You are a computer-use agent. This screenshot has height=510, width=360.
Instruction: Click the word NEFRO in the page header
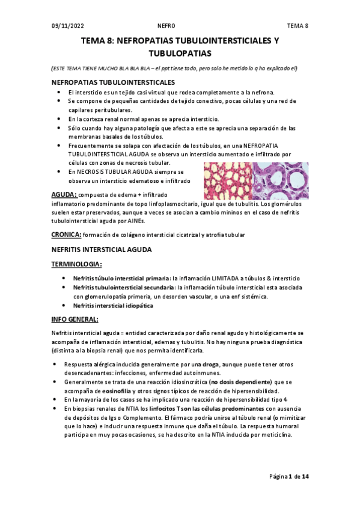click(166, 25)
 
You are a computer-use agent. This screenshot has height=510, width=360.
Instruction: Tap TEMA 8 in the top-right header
click(297, 25)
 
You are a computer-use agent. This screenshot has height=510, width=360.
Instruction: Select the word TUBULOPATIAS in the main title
click(180, 53)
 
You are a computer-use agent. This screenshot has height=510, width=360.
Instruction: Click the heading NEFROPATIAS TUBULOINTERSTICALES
click(114, 82)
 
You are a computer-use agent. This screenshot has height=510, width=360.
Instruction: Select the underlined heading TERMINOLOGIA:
click(77, 264)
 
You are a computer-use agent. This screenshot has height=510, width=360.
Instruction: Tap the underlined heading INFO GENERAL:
click(75, 319)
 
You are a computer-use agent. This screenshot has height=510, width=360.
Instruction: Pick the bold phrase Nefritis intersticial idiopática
click(113, 306)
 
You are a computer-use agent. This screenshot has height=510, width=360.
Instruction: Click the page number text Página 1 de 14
click(288, 477)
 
